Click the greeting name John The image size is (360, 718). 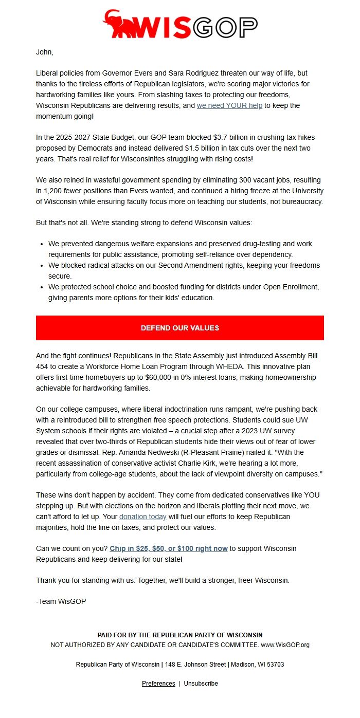click(x=44, y=52)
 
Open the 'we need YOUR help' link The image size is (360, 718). click(x=229, y=105)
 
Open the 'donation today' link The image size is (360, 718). click(x=142, y=516)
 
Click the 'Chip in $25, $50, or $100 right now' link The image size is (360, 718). click(x=169, y=548)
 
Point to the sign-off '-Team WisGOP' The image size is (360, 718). click(x=61, y=601)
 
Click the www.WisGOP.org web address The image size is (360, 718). click(x=285, y=645)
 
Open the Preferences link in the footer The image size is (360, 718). click(x=158, y=684)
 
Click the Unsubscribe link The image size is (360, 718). click(x=201, y=684)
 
